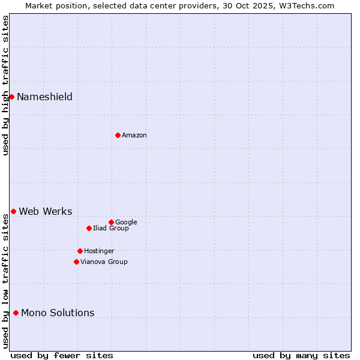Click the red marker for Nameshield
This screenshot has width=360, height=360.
11,97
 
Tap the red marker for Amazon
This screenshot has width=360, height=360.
118,135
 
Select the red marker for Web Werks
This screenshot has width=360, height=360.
13,211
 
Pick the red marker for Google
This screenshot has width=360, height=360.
111,222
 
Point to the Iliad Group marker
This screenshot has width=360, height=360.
89,228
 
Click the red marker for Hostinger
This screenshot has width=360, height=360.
80,251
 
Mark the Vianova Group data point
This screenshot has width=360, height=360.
76,262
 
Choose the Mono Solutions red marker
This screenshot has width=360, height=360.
16,313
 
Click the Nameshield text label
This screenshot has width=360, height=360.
44,97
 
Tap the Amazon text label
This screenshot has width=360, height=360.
134,136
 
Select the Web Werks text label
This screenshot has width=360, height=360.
46,211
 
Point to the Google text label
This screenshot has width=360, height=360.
126,223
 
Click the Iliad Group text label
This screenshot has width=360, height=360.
111,229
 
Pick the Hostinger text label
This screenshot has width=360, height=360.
99,251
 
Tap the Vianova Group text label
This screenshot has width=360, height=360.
104,262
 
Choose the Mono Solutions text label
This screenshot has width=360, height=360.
58,313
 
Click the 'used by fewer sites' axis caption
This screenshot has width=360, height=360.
62,355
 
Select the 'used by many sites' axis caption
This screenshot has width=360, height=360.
301,355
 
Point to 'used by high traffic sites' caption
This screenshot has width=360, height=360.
5,85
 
